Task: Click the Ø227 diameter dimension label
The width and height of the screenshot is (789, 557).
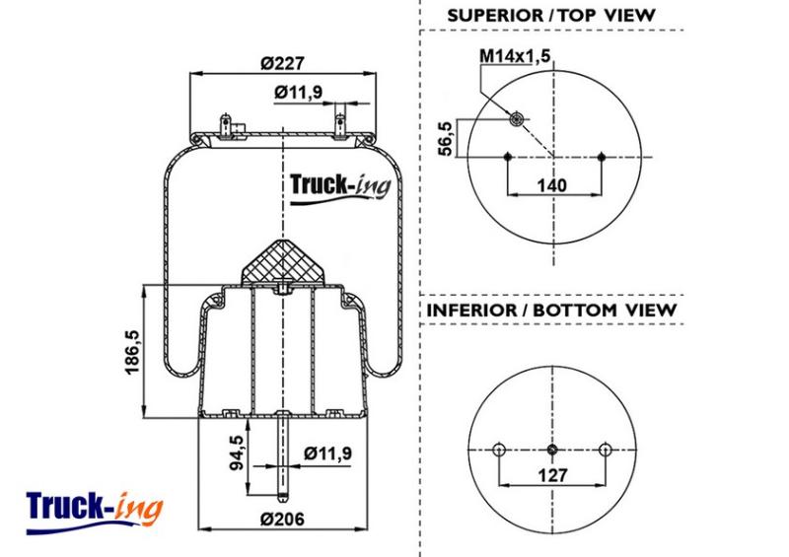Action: [282, 63]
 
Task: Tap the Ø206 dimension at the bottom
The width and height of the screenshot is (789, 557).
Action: [282, 519]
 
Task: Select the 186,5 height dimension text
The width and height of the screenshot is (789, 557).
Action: [132, 352]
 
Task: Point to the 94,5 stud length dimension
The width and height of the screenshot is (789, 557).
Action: [236, 453]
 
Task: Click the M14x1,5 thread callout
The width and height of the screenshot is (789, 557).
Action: [515, 55]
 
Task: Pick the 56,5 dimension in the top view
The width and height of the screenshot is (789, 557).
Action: [446, 138]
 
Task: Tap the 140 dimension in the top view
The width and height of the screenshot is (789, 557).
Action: [551, 185]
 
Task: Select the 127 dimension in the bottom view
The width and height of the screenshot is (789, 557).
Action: [552, 474]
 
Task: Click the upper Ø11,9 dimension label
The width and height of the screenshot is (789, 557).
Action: [299, 93]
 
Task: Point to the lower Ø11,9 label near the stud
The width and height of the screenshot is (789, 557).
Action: [327, 453]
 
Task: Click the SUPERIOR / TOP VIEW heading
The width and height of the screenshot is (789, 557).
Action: [551, 15]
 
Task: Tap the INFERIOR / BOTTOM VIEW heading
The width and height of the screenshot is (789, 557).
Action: [551, 310]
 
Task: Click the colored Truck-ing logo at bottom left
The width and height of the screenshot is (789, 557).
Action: [95, 513]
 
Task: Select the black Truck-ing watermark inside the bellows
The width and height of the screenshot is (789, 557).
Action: [340, 188]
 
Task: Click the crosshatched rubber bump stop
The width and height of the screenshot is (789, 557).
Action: [283, 262]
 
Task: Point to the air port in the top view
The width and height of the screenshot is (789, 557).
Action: [516, 119]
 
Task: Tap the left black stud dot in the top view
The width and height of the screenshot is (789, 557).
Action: [507, 157]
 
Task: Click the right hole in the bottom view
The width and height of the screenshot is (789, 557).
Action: [606, 450]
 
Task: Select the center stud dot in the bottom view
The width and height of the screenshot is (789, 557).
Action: [552, 450]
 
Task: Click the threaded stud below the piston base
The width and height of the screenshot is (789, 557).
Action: [283, 456]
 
